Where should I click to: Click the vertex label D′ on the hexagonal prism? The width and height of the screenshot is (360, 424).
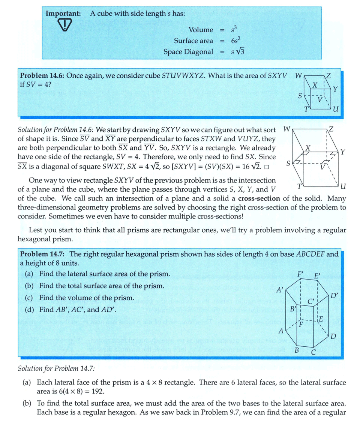click(x=335, y=295)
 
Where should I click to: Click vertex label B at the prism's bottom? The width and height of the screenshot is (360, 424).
click(x=296, y=350)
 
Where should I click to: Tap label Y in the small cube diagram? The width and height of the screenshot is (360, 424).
click(x=335, y=89)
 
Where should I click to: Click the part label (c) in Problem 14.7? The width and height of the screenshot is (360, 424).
click(x=30, y=298)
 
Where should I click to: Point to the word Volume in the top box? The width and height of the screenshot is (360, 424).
click(x=201, y=30)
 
